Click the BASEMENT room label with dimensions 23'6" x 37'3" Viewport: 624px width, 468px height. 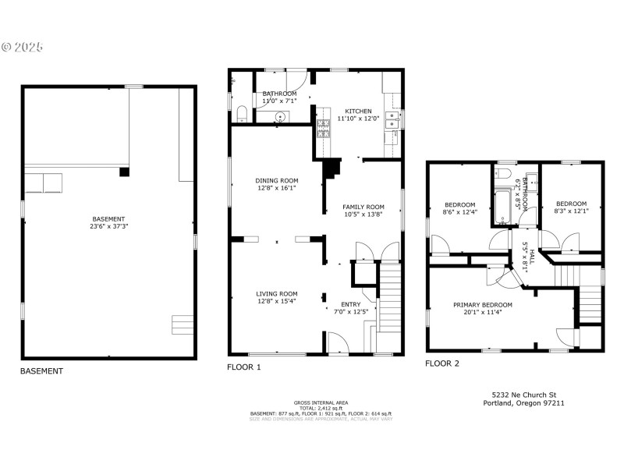coord(108,223)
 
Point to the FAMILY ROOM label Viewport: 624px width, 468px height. coord(363,211)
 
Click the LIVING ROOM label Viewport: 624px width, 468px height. coord(277,298)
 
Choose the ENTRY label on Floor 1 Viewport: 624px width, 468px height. coord(351,307)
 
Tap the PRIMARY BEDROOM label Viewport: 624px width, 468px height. coord(483,309)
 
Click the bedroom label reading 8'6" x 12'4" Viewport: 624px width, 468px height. coord(459,207)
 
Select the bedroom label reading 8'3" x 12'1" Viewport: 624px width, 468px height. coord(571,207)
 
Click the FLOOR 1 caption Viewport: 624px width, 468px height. coord(244,367)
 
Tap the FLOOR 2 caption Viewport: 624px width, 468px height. coord(442,363)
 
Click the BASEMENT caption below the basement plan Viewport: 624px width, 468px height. coord(41,371)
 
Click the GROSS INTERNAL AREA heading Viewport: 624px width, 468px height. coord(321,402)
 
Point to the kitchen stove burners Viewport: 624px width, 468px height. coord(322,129)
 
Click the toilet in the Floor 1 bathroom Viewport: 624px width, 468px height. coord(241,115)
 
